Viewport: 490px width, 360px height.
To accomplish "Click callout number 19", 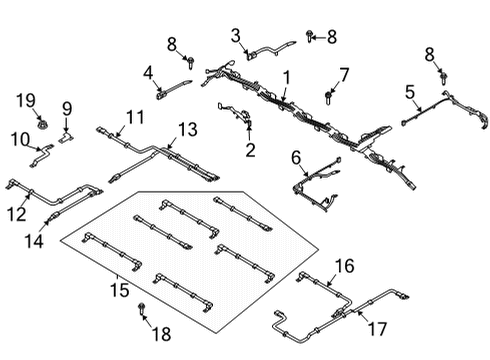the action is (26, 101).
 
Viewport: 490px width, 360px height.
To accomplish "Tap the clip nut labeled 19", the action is (42, 125).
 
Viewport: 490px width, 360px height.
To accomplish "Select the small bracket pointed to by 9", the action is (67, 137).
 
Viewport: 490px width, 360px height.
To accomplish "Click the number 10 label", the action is (20, 139).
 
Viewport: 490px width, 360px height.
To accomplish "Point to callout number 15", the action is (120, 289).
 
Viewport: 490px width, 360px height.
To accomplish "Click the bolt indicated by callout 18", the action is (142, 309).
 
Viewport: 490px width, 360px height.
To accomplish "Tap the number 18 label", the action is (162, 334).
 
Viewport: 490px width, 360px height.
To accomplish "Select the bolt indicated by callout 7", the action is (329, 98).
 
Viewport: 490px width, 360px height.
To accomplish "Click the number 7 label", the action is (344, 75).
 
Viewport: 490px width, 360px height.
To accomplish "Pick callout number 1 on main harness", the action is (287, 78).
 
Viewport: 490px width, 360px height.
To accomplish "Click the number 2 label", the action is (250, 150).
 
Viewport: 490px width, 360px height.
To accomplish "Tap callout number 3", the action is (236, 35).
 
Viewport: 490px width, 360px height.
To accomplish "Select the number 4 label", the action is (148, 73).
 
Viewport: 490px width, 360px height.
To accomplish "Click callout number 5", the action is (410, 92).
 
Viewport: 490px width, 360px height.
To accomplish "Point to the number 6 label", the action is (296, 157).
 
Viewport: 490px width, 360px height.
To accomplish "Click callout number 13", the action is (188, 129).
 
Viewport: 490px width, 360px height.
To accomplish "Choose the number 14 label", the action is (34, 241).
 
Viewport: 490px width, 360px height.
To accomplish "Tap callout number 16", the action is (344, 266).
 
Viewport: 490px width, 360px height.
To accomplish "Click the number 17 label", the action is (377, 329).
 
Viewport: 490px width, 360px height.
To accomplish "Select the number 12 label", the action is (16, 214).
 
